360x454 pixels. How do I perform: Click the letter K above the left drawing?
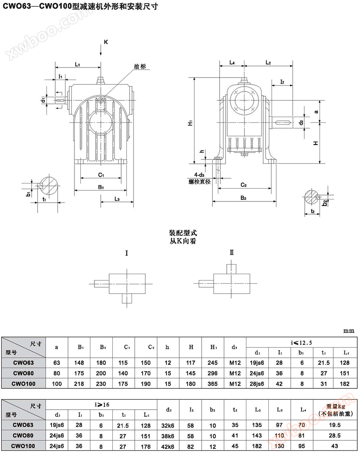[106, 42]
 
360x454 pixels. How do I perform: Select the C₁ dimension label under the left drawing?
[101, 175]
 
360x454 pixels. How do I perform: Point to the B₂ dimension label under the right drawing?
[243, 197]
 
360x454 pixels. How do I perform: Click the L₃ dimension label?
[117, 199]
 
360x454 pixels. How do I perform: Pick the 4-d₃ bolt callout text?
[197, 175]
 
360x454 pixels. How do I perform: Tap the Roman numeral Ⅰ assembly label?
[127, 253]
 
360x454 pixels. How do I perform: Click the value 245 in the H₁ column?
[213, 363]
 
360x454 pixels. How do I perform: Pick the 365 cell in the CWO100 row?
[213, 384]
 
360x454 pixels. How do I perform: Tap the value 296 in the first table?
[213, 373]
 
